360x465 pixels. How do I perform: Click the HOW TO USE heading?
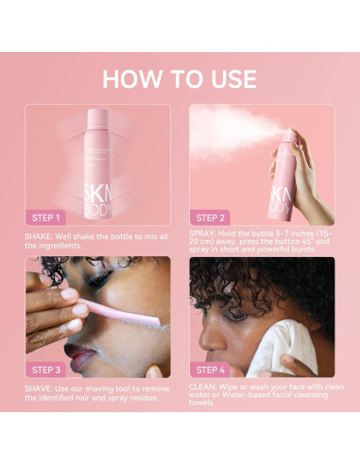coord(180,78)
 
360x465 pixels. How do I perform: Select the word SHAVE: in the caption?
coord(41,387)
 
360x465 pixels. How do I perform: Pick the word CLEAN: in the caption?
coord(205,387)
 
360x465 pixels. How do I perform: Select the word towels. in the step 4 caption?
coord(203,405)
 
